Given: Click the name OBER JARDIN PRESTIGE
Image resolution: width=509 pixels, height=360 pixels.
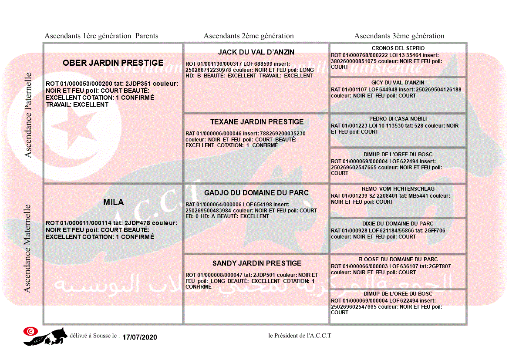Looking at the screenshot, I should [113, 63].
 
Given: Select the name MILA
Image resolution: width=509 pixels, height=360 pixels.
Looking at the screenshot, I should [113, 202].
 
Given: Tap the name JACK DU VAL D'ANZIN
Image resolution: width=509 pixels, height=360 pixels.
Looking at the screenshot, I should [256, 52].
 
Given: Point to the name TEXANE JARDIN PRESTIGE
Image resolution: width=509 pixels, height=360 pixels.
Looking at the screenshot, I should [256, 122].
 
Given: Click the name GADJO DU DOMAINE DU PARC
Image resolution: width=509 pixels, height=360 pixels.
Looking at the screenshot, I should [256, 193].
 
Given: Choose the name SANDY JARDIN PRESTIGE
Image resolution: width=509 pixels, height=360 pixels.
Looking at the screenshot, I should [257, 263].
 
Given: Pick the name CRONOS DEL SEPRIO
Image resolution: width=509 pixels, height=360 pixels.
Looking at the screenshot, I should [398, 48].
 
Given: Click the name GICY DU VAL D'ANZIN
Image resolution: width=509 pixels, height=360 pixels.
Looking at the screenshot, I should [398, 83].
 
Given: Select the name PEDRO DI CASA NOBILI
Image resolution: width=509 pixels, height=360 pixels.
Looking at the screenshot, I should [398, 119].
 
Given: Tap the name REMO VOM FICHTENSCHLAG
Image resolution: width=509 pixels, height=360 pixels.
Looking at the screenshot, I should [398, 189].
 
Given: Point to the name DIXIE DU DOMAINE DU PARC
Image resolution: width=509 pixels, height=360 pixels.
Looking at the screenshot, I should [398, 224].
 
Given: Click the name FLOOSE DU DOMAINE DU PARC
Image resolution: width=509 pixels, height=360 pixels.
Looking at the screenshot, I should [398, 259].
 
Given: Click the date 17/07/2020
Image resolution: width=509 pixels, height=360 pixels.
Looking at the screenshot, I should [139, 337].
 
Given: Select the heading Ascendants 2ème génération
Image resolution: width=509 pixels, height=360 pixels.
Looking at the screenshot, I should [249, 36].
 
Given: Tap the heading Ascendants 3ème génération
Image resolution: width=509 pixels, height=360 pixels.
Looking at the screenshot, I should [399, 36].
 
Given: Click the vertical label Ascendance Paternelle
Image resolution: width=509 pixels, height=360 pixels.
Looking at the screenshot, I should [28, 115].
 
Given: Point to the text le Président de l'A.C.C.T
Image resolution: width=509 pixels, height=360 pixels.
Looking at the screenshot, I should [300, 336].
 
